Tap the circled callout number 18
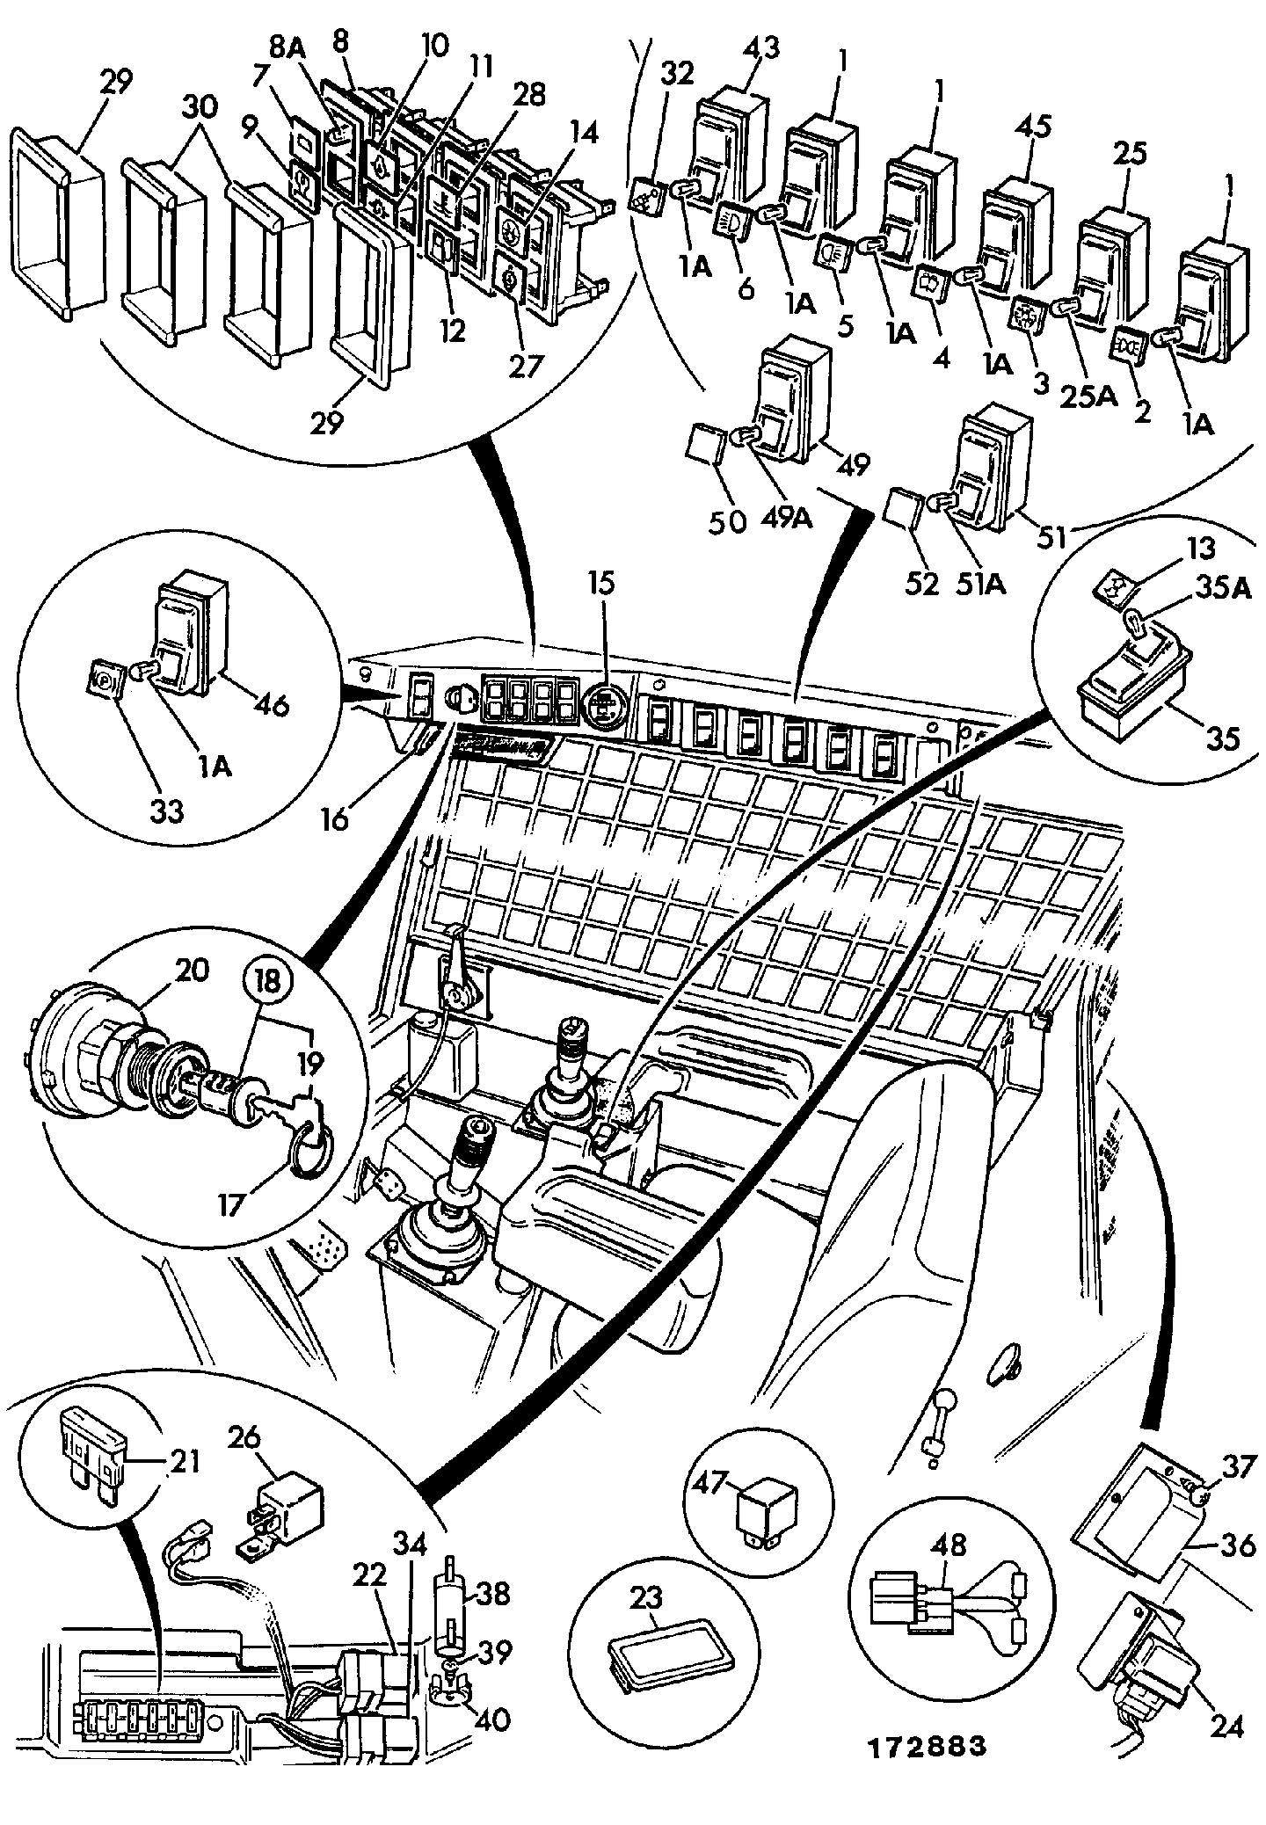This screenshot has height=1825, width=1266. pyautogui.click(x=267, y=980)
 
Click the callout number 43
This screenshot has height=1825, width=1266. pyautogui.click(x=761, y=48)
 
